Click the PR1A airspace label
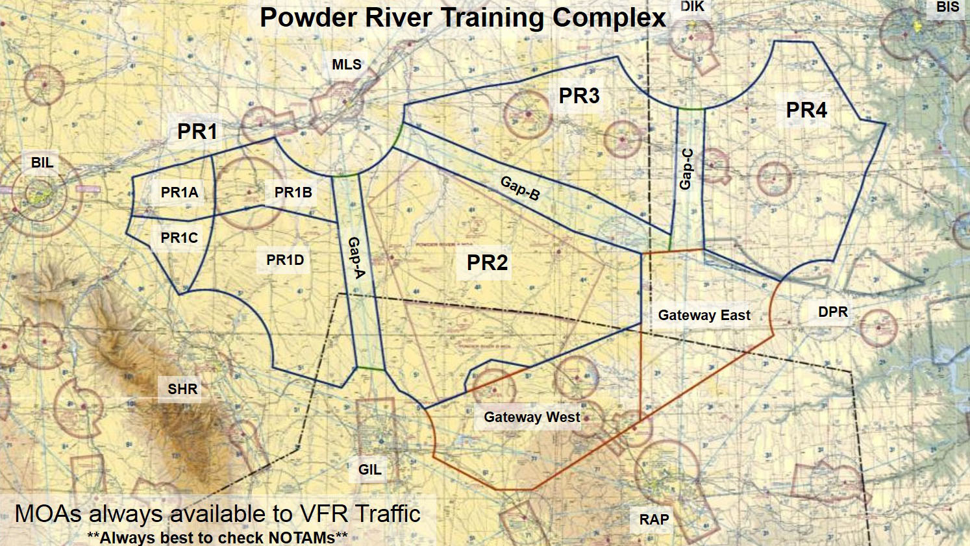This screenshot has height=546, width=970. point(179,192)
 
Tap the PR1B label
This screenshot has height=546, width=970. point(293,192)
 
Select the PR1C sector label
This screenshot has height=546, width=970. point(179,238)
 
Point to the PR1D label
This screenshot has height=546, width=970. point(285,260)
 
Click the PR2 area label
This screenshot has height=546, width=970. point(487,263)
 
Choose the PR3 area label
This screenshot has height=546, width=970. point(579,96)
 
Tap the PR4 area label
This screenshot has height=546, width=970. point(806,110)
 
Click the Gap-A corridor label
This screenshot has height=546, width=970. point(356,257)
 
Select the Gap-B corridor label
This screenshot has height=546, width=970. point(520,188)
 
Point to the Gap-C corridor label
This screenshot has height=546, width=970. point(686,169)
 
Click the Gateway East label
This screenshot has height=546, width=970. point(704,316)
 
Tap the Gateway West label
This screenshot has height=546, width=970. point(532,417)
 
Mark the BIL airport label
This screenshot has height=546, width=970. point(42,162)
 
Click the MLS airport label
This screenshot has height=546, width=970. point(346,64)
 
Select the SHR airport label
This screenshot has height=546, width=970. point(182,389)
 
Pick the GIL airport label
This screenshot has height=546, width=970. point(370,469)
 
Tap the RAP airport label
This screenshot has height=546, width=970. point(654,519)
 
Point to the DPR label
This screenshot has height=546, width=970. point(832,312)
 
